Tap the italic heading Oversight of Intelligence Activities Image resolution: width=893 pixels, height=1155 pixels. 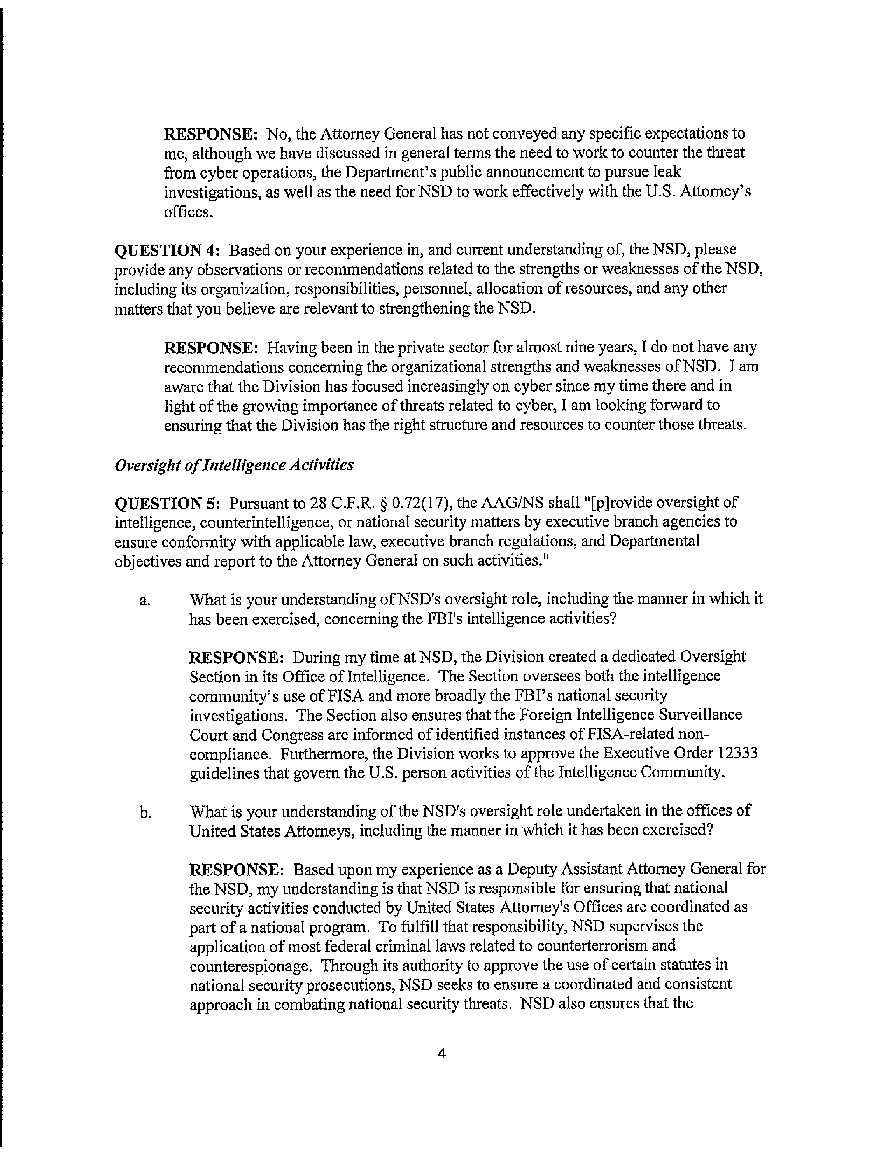(234, 465)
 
